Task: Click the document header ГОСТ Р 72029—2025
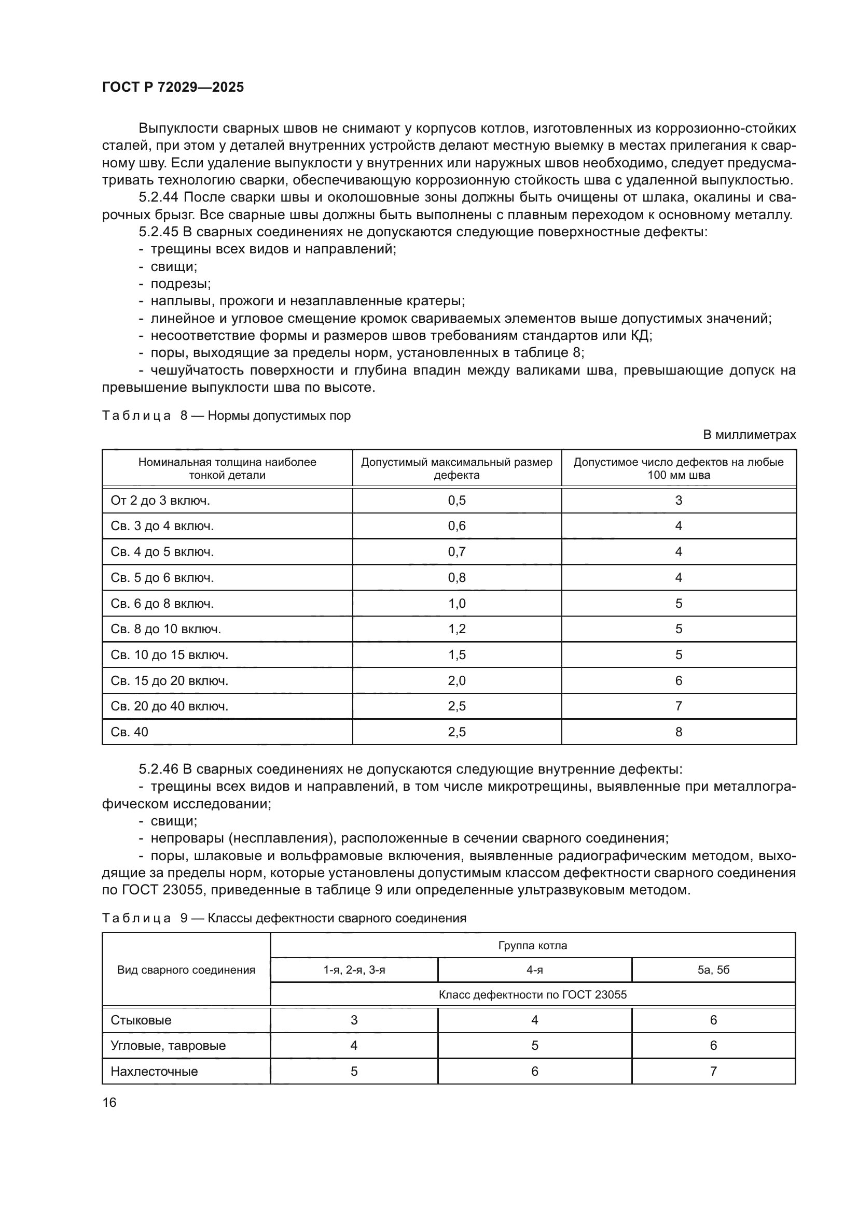(173, 87)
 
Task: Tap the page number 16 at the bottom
(109, 1102)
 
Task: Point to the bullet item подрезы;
(180, 283)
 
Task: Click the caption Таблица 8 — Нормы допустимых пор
(226, 416)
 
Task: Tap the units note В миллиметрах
(749, 434)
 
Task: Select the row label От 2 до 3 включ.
(160, 501)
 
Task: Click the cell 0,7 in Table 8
(456, 552)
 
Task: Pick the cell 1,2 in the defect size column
(456, 629)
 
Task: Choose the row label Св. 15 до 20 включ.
(169, 680)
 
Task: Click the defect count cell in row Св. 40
(679, 732)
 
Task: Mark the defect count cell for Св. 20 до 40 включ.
(679, 706)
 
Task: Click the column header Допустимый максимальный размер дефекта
(456, 468)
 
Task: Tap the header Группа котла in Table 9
(532, 946)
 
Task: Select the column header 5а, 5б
(713, 969)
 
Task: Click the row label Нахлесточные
(154, 1071)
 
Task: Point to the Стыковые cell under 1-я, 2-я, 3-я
(353, 1020)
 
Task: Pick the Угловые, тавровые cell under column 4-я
(534, 1045)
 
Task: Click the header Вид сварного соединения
(186, 969)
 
